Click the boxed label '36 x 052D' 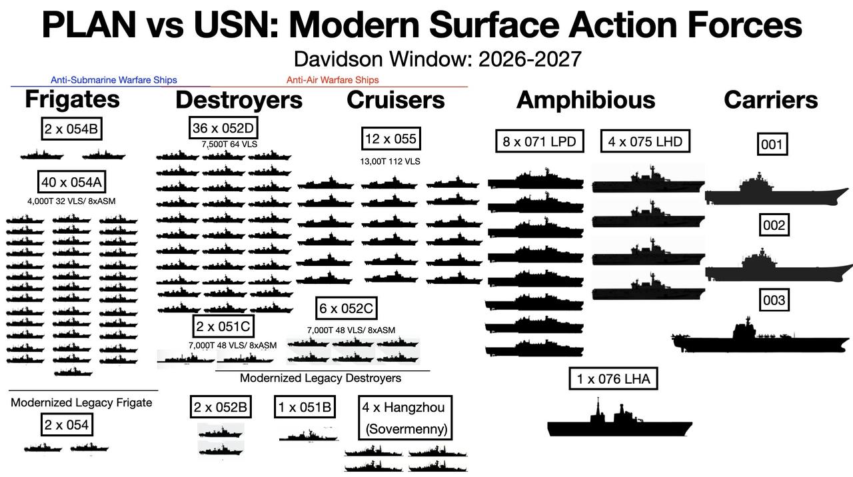pyautogui.click(x=223, y=128)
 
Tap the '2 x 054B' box pyautogui.click(x=71, y=129)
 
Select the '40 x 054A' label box pyautogui.click(x=71, y=182)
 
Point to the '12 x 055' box pyautogui.click(x=391, y=139)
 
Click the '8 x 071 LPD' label pyautogui.click(x=539, y=142)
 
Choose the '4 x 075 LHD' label pyautogui.click(x=645, y=142)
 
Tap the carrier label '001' pyautogui.click(x=772, y=145)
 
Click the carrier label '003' pyautogui.click(x=774, y=300)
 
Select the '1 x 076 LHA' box pyautogui.click(x=613, y=378)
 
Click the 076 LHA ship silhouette pyautogui.click(x=620, y=419)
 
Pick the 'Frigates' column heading pyautogui.click(x=73, y=99)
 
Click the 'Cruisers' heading pyautogui.click(x=395, y=100)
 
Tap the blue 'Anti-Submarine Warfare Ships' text pyautogui.click(x=114, y=80)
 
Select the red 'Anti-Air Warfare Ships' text pyautogui.click(x=333, y=80)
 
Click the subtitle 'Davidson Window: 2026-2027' pyautogui.click(x=438, y=59)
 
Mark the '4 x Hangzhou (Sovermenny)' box pyautogui.click(x=405, y=418)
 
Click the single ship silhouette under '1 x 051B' pyautogui.click(x=309, y=435)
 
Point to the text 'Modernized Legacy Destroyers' pyautogui.click(x=321, y=378)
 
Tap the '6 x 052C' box pyautogui.click(x=346, y=308)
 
